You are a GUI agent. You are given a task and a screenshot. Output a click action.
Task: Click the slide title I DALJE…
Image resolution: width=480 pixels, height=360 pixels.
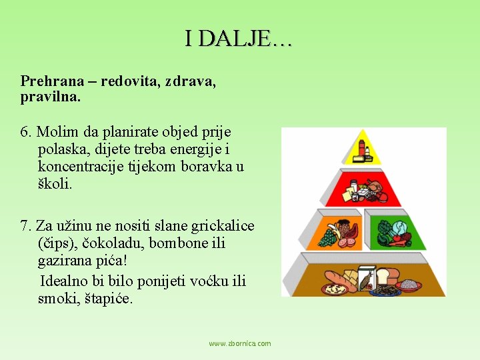(238, 39)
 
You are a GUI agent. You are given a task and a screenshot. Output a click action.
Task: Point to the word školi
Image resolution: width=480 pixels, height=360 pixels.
(55, 184)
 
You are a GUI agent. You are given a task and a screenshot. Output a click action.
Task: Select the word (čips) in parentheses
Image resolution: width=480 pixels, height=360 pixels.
(57, 243)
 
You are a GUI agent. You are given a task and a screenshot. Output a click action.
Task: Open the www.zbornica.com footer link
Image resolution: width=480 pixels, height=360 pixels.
(239, 343)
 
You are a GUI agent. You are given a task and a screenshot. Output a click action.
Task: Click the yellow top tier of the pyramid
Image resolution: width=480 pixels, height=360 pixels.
(362, 150)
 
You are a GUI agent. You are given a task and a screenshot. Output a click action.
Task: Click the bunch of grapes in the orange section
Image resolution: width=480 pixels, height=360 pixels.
(328, 237)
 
